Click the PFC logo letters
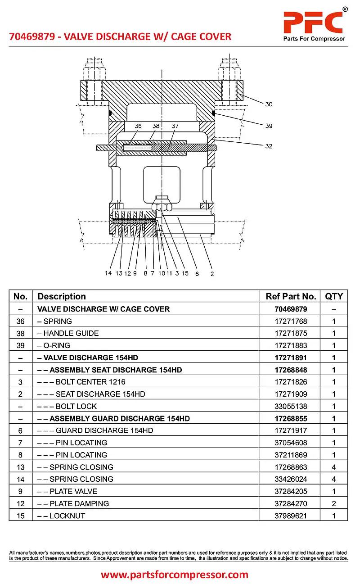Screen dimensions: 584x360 pyautogui.click(x=313, y=21)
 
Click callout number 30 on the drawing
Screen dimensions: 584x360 pyautogui.click(x=269, y=104)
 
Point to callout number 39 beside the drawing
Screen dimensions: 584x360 pyautogui.click(x=269, y=126)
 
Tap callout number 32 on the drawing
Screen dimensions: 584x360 pyautogui.click(x=269, y=146)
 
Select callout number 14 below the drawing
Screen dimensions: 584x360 pyautogui.click(x=108, y=273)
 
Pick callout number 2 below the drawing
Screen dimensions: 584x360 pyautogui.click(x=212, y=273)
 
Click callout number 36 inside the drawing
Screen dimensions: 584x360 pyautogui.click(x=138, y=126)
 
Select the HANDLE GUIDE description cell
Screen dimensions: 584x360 pyautogui.click(x=68, y=334)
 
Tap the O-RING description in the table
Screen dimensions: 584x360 pyautogui.click(x=54, y=346)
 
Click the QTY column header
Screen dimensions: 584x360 pyautogui.click(x=334, y=296)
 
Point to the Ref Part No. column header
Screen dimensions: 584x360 pyautogui.click(x=291, y=296)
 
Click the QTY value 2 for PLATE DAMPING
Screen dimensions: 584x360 pyautogui.click(x=334, y=504)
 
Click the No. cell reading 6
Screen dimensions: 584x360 pyautogui.click(x=20, y=431)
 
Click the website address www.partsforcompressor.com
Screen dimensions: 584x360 pyautogui.click(x=175, y=575)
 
